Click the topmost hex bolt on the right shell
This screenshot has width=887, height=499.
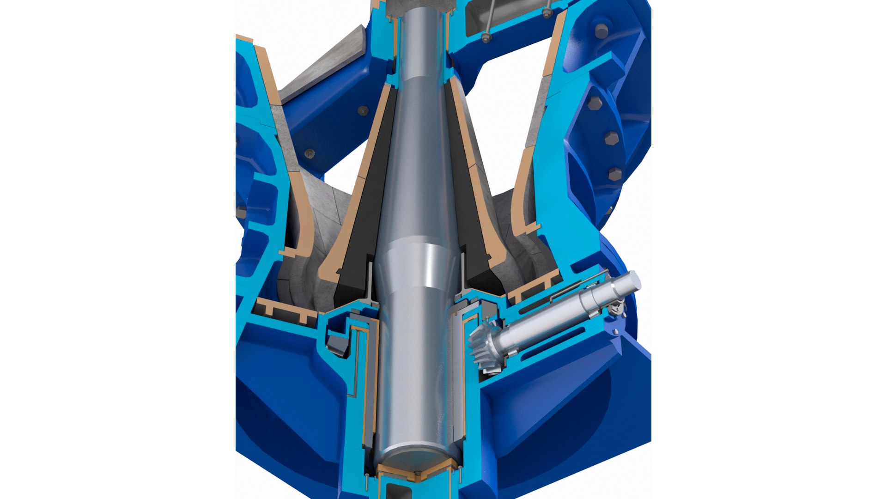(601, 31)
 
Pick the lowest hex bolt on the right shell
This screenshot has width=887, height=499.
(615, 174)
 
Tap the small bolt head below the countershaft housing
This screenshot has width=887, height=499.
(615, 332)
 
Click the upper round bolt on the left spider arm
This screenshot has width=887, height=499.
(363, 111)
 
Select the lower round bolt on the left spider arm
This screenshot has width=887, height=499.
(310, 153)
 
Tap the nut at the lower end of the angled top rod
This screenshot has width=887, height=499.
(486, 38)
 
